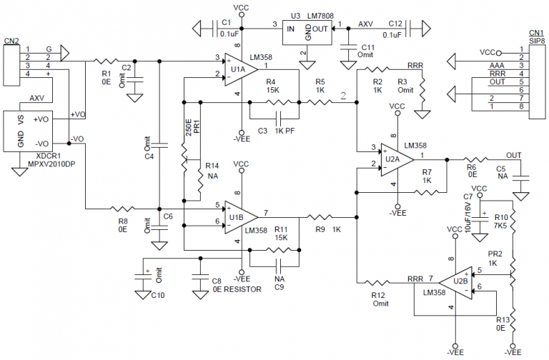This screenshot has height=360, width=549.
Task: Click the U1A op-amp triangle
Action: [x=241, y=69]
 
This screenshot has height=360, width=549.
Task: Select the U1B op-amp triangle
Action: [x=241, y=217]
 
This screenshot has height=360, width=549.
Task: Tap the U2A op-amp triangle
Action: [x=397, y=160]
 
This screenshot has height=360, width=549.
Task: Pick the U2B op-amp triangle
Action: [x=456, y=283]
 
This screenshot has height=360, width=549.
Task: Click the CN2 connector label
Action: [x=11, y=41]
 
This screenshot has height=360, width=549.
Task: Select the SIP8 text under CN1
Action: [x=537, y=41]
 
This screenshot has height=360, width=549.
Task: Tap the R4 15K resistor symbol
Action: [x=277, y=102]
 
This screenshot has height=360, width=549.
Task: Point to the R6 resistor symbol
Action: [x=475, y=160]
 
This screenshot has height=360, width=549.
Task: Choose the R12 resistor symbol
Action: [x=377, y=283]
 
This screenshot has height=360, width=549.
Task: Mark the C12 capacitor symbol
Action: [x=408, y=29]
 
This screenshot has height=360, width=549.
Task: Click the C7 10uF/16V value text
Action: [x=468, y=217]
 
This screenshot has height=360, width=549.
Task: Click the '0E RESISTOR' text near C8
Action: [x=237, y=290]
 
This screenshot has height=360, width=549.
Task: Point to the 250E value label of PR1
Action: [x=189, y=128]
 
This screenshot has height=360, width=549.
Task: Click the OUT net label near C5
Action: [x=514, y=155]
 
